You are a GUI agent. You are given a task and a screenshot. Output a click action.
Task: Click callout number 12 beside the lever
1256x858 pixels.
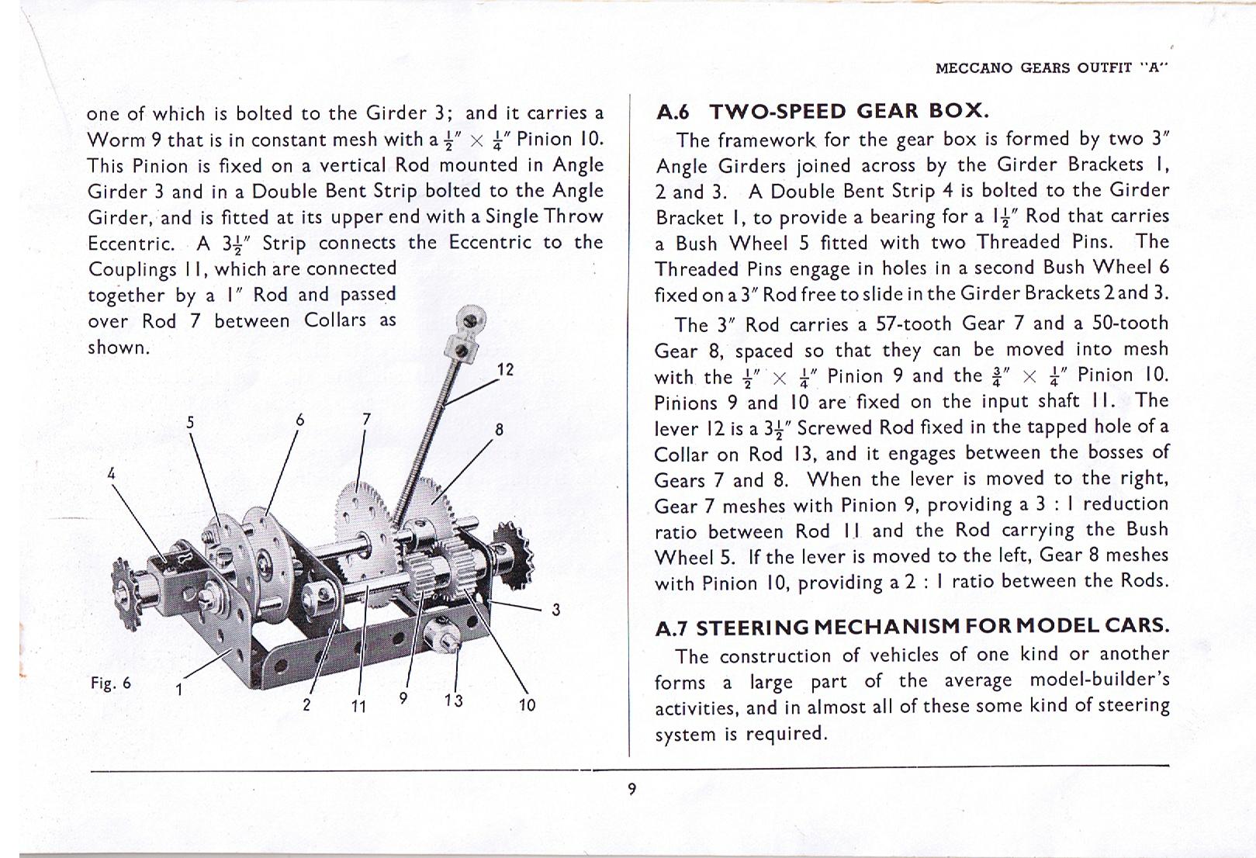tap(505, 369)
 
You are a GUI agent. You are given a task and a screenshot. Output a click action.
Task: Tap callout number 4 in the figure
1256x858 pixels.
tap(112, 473)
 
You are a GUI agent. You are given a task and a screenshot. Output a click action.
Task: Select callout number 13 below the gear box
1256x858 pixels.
tap(454, 701)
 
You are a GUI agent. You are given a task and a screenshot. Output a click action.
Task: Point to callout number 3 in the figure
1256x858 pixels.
tap(555, 610)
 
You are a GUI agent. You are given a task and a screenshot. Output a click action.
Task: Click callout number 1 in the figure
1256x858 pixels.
tap(178, 689)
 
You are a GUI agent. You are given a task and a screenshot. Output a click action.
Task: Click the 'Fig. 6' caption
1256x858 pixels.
tap(111, 683)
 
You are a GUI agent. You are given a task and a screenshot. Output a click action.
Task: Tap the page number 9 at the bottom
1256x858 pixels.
tap(631, 789)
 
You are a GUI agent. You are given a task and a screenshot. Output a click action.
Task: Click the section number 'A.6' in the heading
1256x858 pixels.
tap(673, 112)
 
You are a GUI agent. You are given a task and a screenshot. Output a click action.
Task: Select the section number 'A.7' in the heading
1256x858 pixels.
tap(673, 627)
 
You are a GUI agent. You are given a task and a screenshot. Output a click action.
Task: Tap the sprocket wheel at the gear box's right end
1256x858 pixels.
tap(516, 555)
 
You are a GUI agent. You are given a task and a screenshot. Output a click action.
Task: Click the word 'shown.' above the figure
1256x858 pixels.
tap(119, 348)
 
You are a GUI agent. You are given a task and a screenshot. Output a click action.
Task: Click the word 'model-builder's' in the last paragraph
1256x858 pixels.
tap(1099, 680)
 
